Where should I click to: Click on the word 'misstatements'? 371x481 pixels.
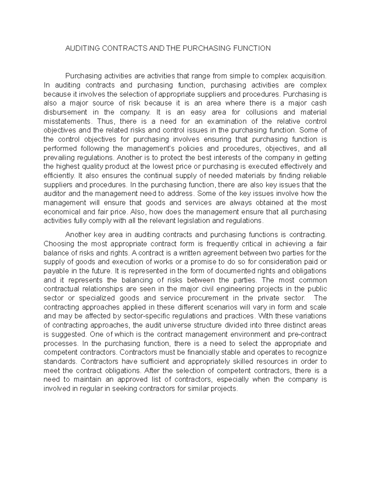(x=68, y=121)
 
